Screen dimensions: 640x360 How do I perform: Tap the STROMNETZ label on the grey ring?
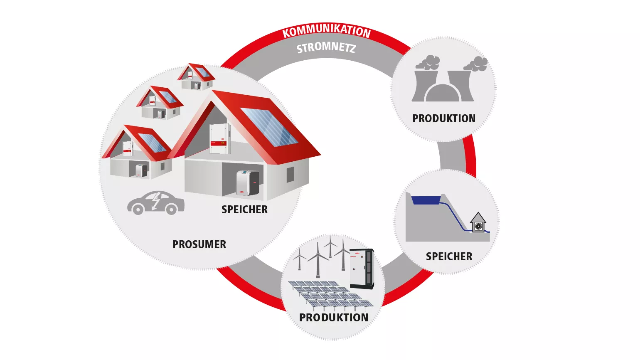(x=326, y=48)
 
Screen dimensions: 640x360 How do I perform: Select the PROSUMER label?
(x=199, y=244)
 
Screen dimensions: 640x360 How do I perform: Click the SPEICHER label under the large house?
(x=244, y=210)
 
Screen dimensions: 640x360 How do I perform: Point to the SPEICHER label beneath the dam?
(x=449, y=256)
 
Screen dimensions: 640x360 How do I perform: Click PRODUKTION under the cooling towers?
(x=444, y=118)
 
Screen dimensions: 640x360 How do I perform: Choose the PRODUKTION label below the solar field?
(x=334, y=318)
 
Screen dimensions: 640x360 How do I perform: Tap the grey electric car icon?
(x=156, y=203)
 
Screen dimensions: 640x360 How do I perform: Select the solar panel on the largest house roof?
(x=269, y=127)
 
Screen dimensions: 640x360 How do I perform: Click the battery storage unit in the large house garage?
(x=247, y=183)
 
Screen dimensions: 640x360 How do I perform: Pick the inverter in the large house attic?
(x=220, y=138)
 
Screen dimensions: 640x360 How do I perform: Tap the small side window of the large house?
(x=290, y=175)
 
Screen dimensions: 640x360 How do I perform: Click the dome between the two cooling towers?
(x=443, y=93)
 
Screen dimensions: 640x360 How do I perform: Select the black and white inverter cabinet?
(x=362, y=269)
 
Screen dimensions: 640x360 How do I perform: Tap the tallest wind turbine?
(x=318, y=260)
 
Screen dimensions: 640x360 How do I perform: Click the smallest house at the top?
(x=196, y=76)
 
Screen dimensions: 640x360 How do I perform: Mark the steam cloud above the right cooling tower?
(x=476, y=64)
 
